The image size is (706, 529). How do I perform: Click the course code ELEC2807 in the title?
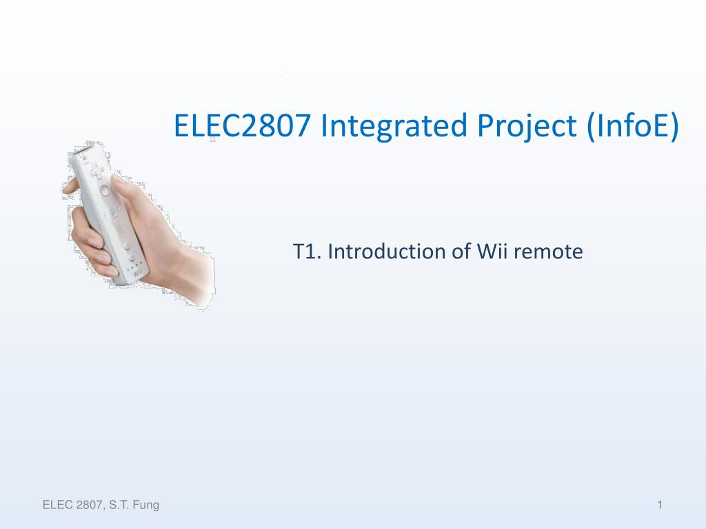click(242, 125)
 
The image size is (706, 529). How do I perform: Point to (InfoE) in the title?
click(633, 126)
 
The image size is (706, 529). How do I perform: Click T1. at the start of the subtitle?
click(307, 251)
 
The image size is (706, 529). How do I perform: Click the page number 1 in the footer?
click(660, 505)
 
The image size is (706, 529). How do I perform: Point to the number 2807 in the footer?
click(90, 505)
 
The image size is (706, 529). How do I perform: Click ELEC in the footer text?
click(58, 505)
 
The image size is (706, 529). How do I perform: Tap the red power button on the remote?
click(83, 158)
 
